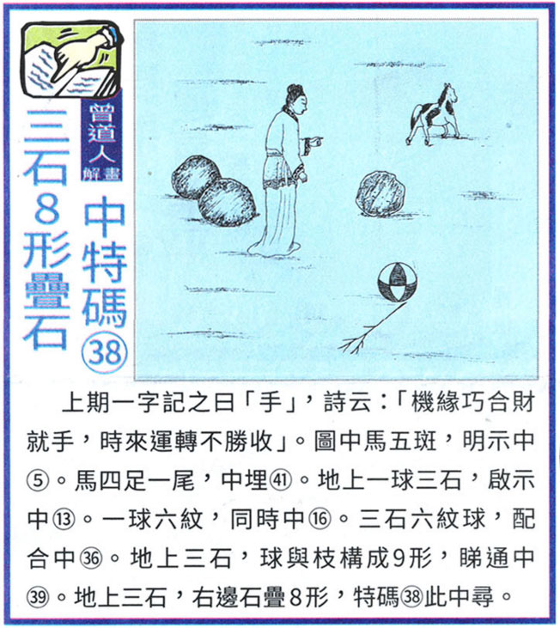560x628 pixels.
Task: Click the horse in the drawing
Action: (433, 114)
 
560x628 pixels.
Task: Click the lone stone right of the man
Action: (380, 194)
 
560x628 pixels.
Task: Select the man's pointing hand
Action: (313, 141)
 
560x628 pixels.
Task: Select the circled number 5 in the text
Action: (39, 480)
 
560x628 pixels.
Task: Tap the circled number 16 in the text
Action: (320, 520)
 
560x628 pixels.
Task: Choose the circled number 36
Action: (91, 558)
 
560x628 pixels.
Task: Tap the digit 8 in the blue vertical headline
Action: (47, 208)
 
